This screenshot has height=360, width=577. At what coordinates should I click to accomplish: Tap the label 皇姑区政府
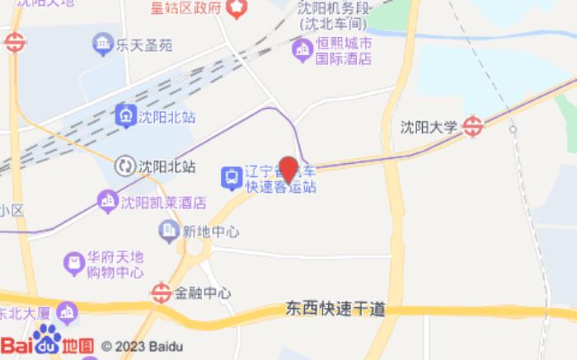pyautogui.click(x=186, y=8)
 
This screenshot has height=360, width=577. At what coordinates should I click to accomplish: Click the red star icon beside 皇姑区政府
pyautogui.click(x=237, y=8)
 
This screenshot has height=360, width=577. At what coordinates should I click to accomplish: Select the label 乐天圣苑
pyautogui.click(x=144, y=44)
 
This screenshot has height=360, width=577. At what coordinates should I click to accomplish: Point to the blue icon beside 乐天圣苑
pyautogui.click(x=103, y=44)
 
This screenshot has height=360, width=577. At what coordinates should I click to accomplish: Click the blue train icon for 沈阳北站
pyautogui.click(x=126, y=115)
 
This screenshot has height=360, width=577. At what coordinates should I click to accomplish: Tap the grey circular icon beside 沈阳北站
pyautogui.click(x=125, y=166)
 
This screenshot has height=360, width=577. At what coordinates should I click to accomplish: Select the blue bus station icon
pyautogui.click(x=231, y=177)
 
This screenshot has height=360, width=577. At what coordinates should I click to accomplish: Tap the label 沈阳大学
pyautogui.click(x=428, y=127)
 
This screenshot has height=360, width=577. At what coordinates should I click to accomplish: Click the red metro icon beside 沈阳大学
pyautogui.click(x=472, y=126)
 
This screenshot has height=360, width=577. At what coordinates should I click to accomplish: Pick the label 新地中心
pyautogui.click(x=210, y=231)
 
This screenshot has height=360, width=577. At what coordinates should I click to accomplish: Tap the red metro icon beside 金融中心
pyautogui.click(x=162, y=292)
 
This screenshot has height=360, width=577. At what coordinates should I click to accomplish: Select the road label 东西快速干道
pyautogui.click(x=335, y=310)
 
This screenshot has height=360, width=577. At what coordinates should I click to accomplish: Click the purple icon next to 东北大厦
pyautogui.click(x=67, y=312)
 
